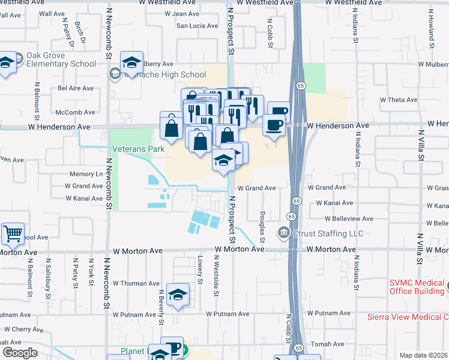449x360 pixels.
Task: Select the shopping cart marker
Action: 13,234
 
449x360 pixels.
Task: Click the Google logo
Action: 20,353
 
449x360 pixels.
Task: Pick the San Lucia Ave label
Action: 196,26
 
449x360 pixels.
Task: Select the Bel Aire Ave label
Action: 76,88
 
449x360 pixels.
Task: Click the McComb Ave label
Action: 75,112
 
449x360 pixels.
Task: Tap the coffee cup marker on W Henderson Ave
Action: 274,126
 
